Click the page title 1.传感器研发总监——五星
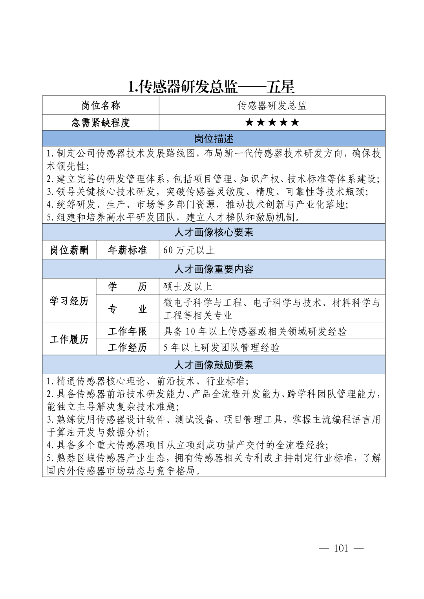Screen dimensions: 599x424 pyautogui.click(x=211, y=87)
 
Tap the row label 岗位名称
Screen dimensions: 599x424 pyautogui.click(x=101, y=106)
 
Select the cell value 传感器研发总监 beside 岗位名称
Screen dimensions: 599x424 pyautogui.click(x=272, y=106)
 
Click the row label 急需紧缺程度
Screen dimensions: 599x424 pyautogui.click(x=101, y=123)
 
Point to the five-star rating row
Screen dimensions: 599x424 pyautogui.click(x=272, y=122)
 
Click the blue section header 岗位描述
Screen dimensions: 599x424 pyautogui.click(x=214, y=139)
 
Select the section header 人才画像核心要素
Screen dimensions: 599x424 pyautogui.click(x=214, y=232)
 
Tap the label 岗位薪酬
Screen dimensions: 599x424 pyautogui.click(x=69, y=250)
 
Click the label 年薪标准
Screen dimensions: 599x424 pyautogui.click(x=127, y=250)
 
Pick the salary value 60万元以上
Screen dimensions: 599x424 pyautogui.click(x=189, y=250)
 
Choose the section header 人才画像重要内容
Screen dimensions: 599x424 pyautogui.click(x=214, y=269)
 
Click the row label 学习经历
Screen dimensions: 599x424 pyautogui.click(x=69, y=301)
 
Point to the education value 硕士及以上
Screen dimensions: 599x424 pyautogui.click(x=188, y=287)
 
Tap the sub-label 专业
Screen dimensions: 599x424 pyautogui.click(x=127, y=309)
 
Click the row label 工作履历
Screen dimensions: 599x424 pyautogui.click(x=69, y=339)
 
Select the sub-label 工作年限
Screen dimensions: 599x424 pyautogui.click(x=127, y=331)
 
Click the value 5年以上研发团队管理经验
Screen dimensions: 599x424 pyautogui.click(x=221, y=348)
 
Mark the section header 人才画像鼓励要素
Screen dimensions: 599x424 pyautogui.click(x=214, y=365)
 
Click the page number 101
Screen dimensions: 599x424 pyautogui.click(x=341, y=548)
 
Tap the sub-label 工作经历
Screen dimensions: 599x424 pyautogui.click(x=127, y=348)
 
